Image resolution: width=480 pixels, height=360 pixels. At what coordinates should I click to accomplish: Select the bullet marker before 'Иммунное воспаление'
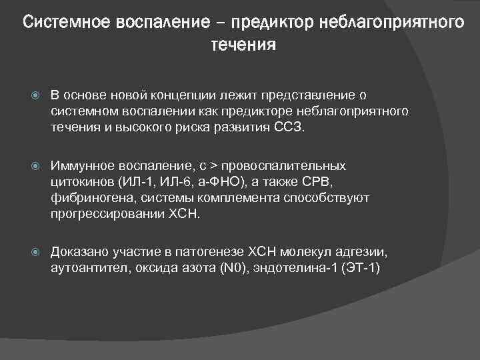click(x=37, y=165)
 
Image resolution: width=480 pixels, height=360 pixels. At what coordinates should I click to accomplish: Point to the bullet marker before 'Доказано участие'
click(x=37, y=252)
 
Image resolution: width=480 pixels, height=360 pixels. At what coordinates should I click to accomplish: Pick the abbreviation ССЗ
click(x=287, y=127)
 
